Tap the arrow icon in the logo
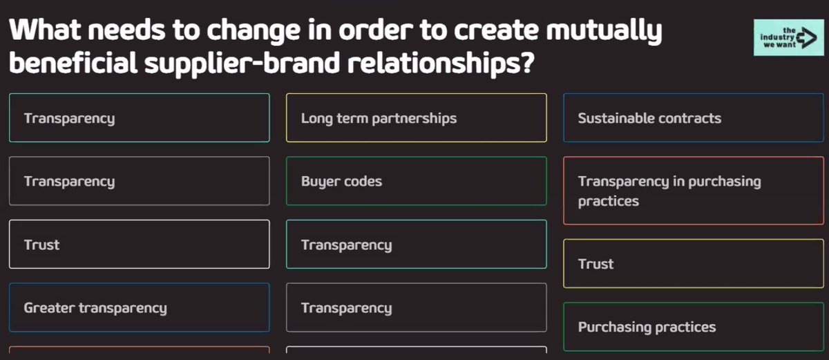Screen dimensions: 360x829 [806, 38]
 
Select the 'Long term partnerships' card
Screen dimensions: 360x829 [416, 118]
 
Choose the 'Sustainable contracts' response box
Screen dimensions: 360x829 [693, 118]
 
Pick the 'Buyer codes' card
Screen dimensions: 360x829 [416, 182]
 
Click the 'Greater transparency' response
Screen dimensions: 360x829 [139, 308]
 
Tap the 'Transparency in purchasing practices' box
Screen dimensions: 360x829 [693, 191]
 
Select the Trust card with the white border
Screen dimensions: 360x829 [139, 245]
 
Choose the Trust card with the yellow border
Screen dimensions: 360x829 [693, 264]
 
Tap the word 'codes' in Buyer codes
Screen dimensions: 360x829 [364, 182]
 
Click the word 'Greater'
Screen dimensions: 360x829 [49, 308]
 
